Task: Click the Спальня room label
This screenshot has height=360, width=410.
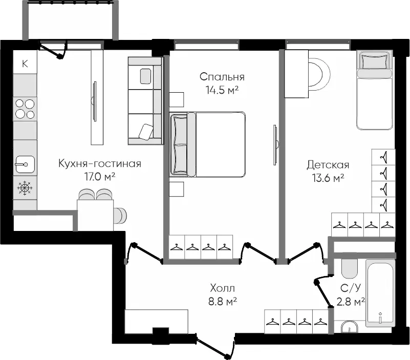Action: (222, 77)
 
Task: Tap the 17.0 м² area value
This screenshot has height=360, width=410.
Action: (100, 177)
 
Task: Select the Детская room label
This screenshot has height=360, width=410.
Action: (328, 165)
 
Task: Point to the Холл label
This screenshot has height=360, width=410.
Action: (223, 288)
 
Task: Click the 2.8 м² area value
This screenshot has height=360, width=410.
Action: (351, 302)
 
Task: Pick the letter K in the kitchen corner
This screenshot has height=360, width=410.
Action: (25, 63)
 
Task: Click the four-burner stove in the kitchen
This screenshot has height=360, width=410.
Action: (25, 109)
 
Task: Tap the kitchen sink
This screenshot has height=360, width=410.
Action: (25, 164)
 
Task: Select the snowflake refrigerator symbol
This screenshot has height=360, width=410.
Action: (25, 188)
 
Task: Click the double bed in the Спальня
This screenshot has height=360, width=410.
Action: (208, 144)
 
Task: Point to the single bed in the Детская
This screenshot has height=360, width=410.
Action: (375, 90)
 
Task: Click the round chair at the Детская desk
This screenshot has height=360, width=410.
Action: (319, 74)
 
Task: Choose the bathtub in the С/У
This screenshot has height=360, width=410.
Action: (380, 293)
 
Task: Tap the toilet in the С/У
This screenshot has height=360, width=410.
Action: (349, 269)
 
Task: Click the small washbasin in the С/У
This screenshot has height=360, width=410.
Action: (349, 327)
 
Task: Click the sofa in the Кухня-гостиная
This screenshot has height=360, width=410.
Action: (145, 101)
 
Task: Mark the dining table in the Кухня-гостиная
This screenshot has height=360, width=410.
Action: (95, 215)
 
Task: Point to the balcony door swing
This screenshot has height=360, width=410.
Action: (53, 50)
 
